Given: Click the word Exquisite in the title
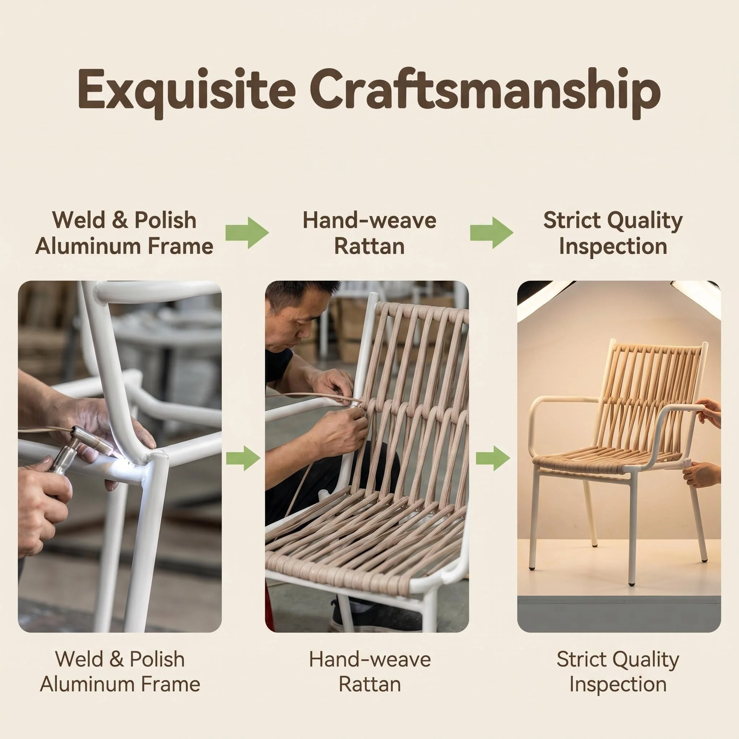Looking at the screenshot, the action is point(186,91).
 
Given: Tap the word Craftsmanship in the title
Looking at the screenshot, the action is point(485,91).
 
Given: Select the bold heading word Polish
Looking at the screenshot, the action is point(165,221).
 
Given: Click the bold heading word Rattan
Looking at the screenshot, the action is point(369,247).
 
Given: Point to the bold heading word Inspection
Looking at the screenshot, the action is point(613,247).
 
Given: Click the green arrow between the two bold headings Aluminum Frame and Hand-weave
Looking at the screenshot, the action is point(247,233).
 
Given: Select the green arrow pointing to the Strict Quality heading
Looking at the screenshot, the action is point(491,233).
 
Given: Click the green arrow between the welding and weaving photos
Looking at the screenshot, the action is point(243,458).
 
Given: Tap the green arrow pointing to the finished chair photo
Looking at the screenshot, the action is point(493,458).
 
